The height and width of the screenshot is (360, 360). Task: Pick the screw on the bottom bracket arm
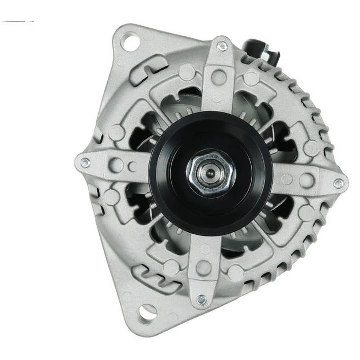[202, 300]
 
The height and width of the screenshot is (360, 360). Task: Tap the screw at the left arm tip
[85, 161]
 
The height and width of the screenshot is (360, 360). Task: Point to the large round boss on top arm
[218, 76]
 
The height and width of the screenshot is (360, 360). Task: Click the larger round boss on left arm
[117, 164]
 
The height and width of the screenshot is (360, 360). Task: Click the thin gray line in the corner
[17, 21]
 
